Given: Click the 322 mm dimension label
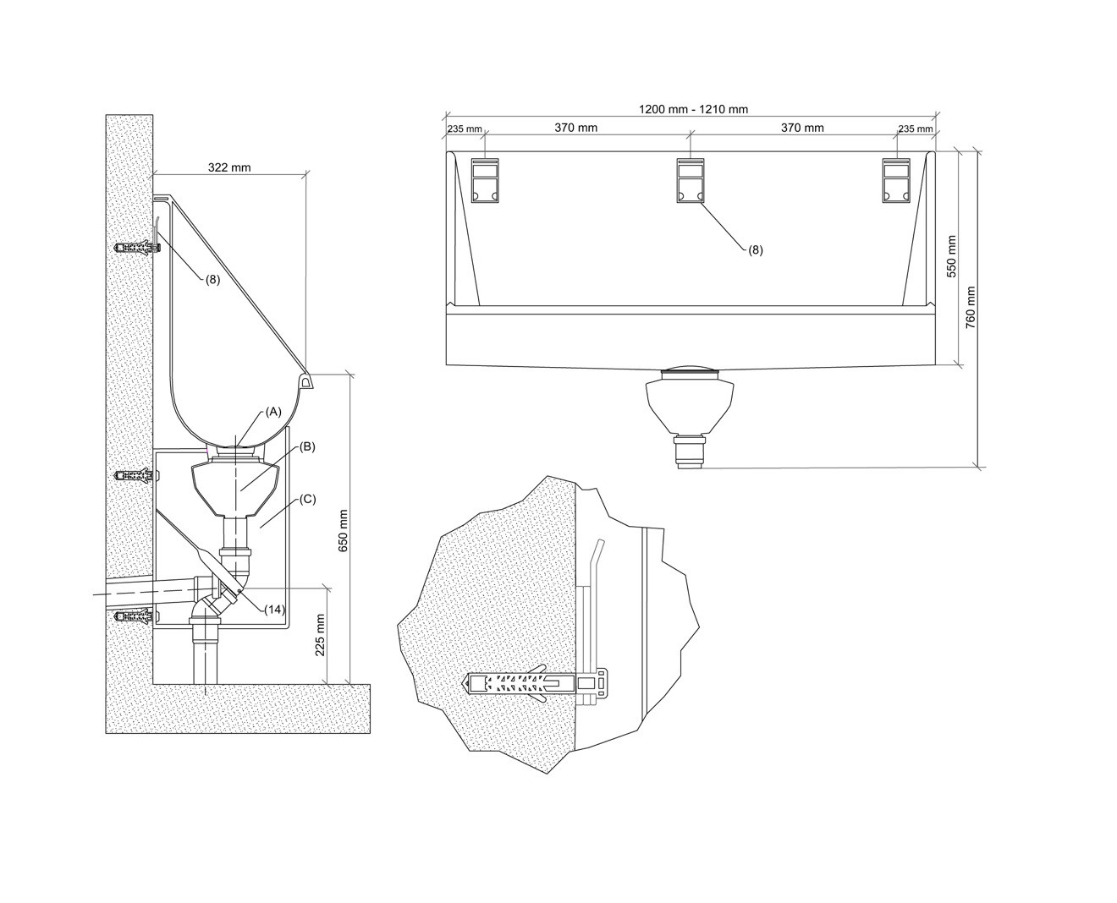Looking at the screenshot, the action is point(229,167).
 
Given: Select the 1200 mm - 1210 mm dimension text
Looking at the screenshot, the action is point(693,109).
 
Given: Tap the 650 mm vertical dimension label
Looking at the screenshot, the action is point(344,531).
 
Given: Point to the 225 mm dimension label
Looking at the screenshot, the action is point(321,635).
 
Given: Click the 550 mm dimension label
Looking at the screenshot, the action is point(952,257).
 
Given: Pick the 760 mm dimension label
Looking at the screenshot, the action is point(971,308).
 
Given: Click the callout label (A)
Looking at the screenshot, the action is point(272,412).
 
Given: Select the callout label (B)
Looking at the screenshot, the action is point(307,446).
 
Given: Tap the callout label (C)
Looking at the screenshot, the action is point(308,499).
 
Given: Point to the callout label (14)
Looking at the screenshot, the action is point(274,609).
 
